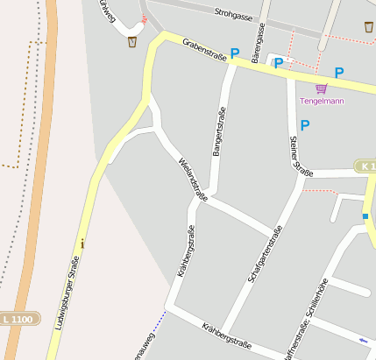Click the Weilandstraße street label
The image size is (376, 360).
tap(193, 179)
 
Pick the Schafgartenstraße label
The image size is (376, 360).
tap(264, 254)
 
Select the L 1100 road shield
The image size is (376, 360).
tap(17, 320)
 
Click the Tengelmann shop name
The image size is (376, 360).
tap(322, 101)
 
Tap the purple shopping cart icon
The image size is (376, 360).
tap(322, 88)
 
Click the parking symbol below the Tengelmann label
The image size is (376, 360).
tap(305, 125)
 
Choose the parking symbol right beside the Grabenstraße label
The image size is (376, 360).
tap(234, 53)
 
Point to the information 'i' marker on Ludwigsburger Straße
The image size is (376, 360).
tap(82, 243)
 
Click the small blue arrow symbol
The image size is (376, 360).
tap(364, 339)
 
